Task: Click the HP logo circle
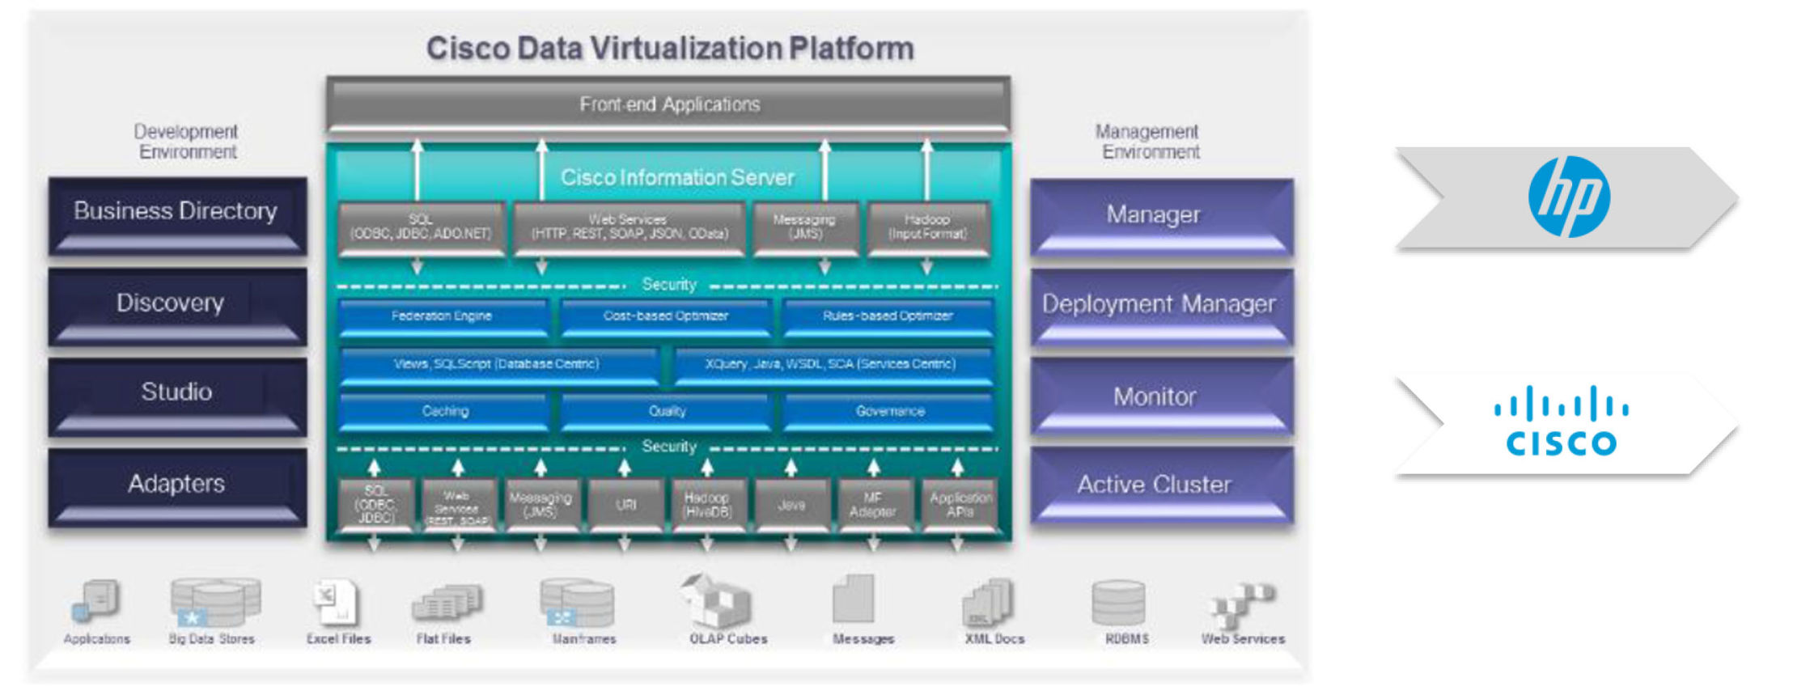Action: (1568, 197)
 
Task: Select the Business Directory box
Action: (176, 214)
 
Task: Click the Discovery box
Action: (176, 306)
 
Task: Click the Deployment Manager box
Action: (1160, 307)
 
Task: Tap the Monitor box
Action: (1160, 399)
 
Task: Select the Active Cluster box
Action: (1160, 486)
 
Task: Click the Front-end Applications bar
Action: (668, 104)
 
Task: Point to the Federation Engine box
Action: (443, 317)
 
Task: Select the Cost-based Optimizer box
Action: (666, 317)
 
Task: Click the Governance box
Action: (888, 412)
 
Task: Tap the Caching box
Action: (444, 412)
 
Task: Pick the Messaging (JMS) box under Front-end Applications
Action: (804, 228)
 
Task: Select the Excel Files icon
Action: (335, 603)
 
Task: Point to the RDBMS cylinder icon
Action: (1117, 603)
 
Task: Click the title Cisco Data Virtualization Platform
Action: (670, 49)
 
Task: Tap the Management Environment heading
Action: (1148, 142)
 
